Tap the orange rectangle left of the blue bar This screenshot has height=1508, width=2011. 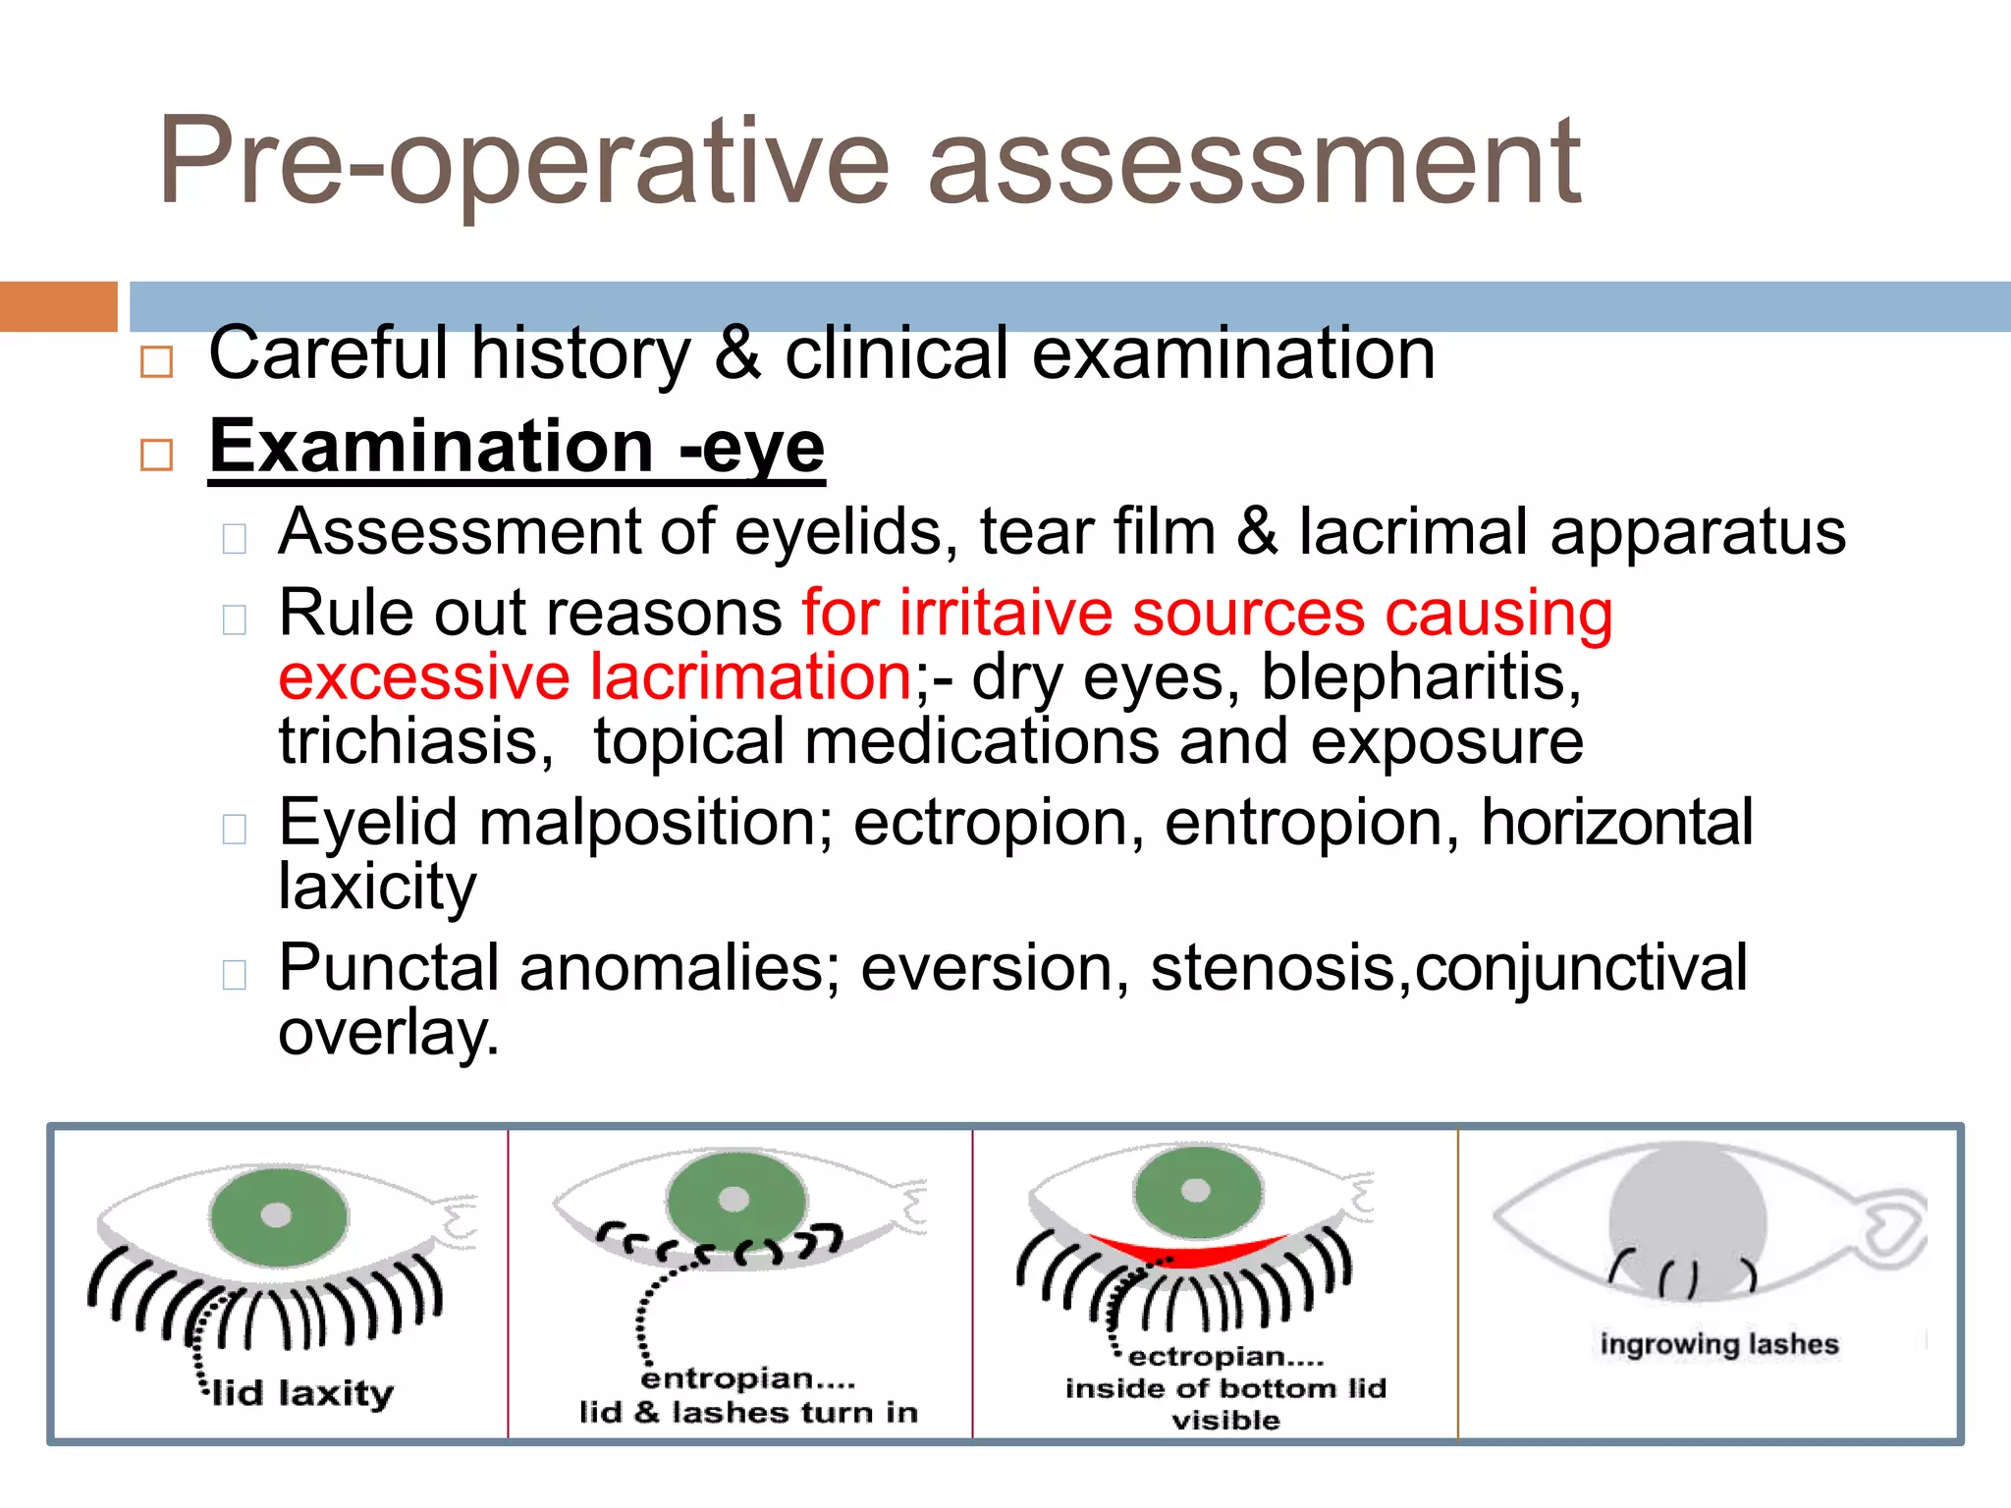(58, 306)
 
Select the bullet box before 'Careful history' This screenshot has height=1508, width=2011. (157, 361)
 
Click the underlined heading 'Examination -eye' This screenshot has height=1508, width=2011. (516, 448)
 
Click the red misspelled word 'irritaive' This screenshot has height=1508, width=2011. (1005, 613)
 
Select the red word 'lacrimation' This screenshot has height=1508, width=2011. (751, 676)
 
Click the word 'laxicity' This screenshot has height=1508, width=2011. (377, 887)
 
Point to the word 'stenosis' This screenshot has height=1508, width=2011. (1273, 968)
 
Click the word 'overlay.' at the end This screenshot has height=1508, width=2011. (389, 1033)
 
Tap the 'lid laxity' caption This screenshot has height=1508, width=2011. (303, 1392)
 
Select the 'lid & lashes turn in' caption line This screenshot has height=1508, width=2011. (748, 1412)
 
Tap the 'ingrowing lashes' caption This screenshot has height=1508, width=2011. (1718, 1343)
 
